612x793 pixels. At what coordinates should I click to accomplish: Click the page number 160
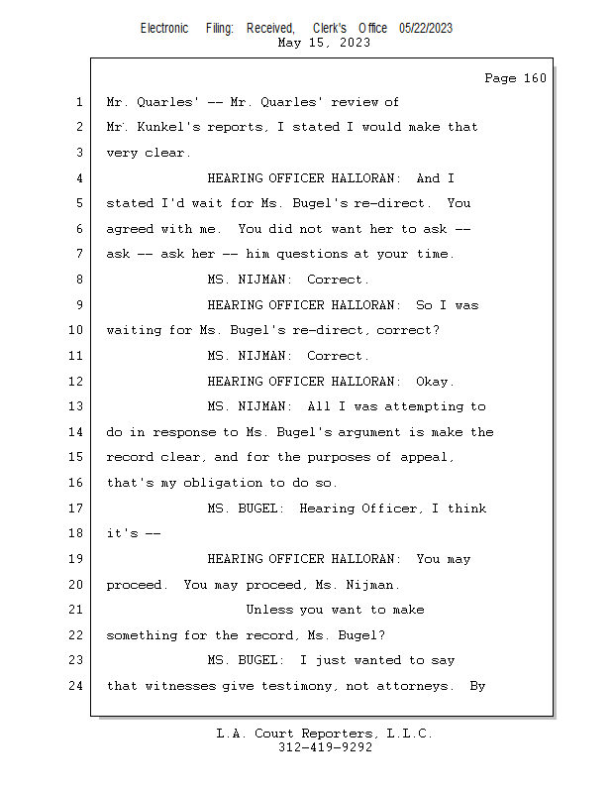coord(535,78)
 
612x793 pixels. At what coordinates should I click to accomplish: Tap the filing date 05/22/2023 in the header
coord(426,29)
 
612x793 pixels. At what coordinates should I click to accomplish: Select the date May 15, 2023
coord(324,43)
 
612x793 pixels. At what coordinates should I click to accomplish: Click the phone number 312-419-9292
coord(325,747)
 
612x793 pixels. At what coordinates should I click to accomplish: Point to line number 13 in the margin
coord(76,406)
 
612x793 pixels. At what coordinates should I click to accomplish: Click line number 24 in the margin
coord(76,685)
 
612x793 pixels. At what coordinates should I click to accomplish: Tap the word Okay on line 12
coord(432,381)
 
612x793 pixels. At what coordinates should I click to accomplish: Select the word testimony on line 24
coord(296,686)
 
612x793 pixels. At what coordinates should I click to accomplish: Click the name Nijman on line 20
coord(369,585)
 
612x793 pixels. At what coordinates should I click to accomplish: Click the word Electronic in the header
coord(164,29)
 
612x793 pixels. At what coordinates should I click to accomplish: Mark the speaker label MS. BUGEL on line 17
coord(242,508)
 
